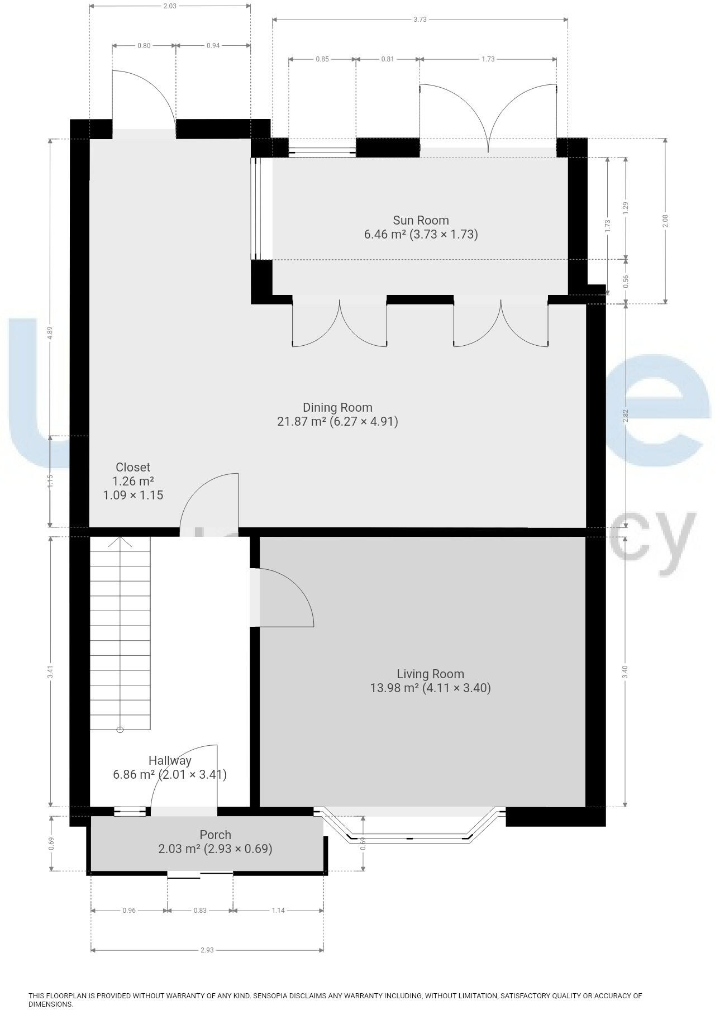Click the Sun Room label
coord(421,220)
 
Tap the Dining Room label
coord(337,408)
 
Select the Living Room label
coord(430,674)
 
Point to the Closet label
coord(133,468)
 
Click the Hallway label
coord(170,761)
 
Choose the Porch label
coord(215,835)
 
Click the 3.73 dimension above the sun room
coord(420,20)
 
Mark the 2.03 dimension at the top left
coord(170,6)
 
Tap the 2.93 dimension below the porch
coord(207,950)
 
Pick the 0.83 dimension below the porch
coord(200,911)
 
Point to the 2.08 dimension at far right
coord(665,221)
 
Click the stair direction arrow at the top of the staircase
coord(120,542)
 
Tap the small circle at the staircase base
coord(120,730)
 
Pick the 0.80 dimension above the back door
coord(144,46)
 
